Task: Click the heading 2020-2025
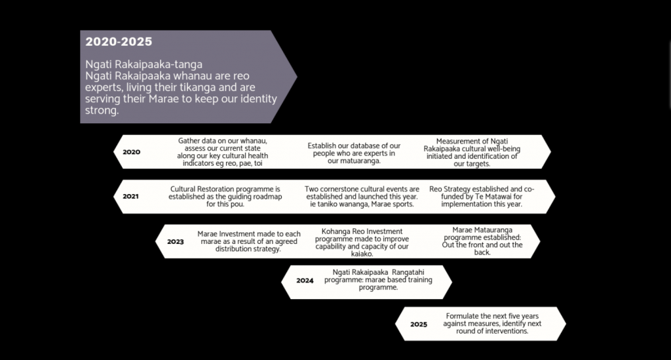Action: [x=119, y=41]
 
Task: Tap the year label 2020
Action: [x=131, y=152]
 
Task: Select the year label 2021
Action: [x=130, y=197]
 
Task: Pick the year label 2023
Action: [x=176, y=241]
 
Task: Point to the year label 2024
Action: [x=305, y=281]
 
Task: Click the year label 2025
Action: [x=419, y=325]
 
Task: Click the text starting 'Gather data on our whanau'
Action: [x=223, y=152]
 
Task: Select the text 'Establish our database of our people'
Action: [x=354, y=153]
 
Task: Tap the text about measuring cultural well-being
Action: [x=472, y=152]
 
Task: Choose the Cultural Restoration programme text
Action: [x=225, y=197]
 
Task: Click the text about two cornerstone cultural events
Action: [x=362, y=197]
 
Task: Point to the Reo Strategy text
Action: [x=482, y=197]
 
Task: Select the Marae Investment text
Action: [x=248, y=241]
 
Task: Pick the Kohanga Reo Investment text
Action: [x=362, y=242]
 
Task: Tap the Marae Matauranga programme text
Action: [x=482, y=241]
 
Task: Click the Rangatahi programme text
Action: [x=378, y=279]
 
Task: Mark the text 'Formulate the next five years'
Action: [x=492, y=324]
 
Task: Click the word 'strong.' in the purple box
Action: [x=102, y=110]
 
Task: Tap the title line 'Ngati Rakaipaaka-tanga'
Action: [x=144, y=65]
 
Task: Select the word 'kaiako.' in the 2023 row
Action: [x=362, y=254]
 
